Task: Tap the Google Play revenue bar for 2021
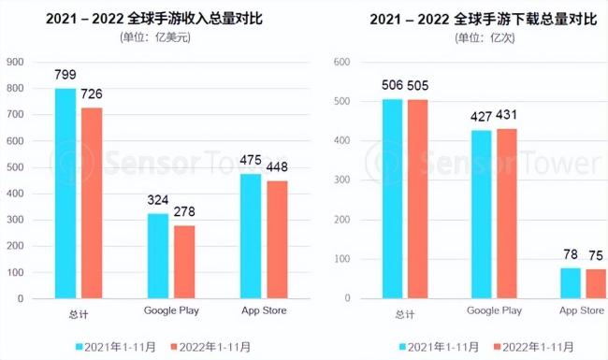pyautogui.click(x=158, y=256)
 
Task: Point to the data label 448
pyautogui.click(x=277, y=167)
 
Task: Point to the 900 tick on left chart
pyautogui.click(x=16, y=62)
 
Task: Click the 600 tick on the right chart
pyautogui.click(x=341, y=62)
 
